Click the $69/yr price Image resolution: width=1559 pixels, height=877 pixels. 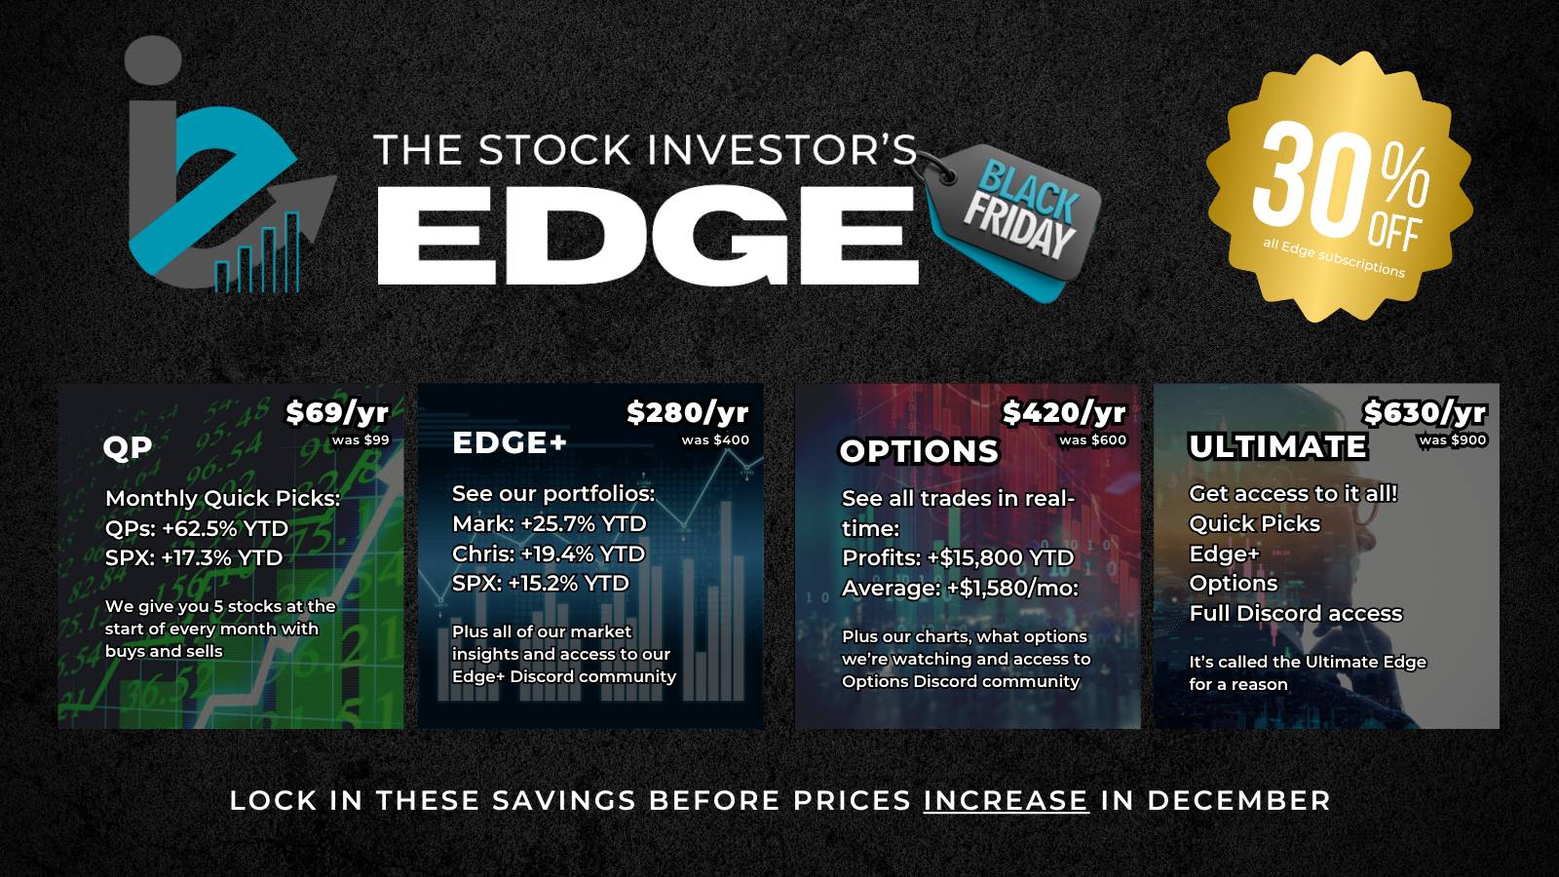[337, 413]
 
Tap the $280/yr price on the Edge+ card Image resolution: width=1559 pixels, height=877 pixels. [688, 413]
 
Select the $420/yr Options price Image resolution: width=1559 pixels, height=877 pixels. [1064, 413]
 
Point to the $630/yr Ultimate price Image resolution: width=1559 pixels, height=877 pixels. [1425, 413]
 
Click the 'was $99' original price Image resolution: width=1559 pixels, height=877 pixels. [361, 439]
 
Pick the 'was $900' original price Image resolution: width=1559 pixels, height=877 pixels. [1453, 439]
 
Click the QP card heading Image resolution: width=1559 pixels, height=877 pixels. [128, 447]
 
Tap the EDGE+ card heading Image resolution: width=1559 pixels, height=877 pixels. [510, 442]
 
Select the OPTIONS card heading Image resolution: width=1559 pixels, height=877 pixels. [920, 452]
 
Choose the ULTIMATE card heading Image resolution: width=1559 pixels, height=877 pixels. [1278, 447]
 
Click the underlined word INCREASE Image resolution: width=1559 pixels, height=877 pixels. [1006, 800]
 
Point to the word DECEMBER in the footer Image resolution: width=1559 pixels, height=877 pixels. [1238, 800]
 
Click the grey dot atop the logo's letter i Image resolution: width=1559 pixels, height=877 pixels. [153, 60]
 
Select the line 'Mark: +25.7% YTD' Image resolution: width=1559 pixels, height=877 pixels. [550, 523]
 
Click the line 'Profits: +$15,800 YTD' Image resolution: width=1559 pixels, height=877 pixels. [958, 557]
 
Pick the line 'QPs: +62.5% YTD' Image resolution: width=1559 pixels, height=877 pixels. [196, 528]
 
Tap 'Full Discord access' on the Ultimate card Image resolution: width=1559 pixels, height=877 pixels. [1295, 613]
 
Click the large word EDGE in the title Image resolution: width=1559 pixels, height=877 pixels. [648, 235]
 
